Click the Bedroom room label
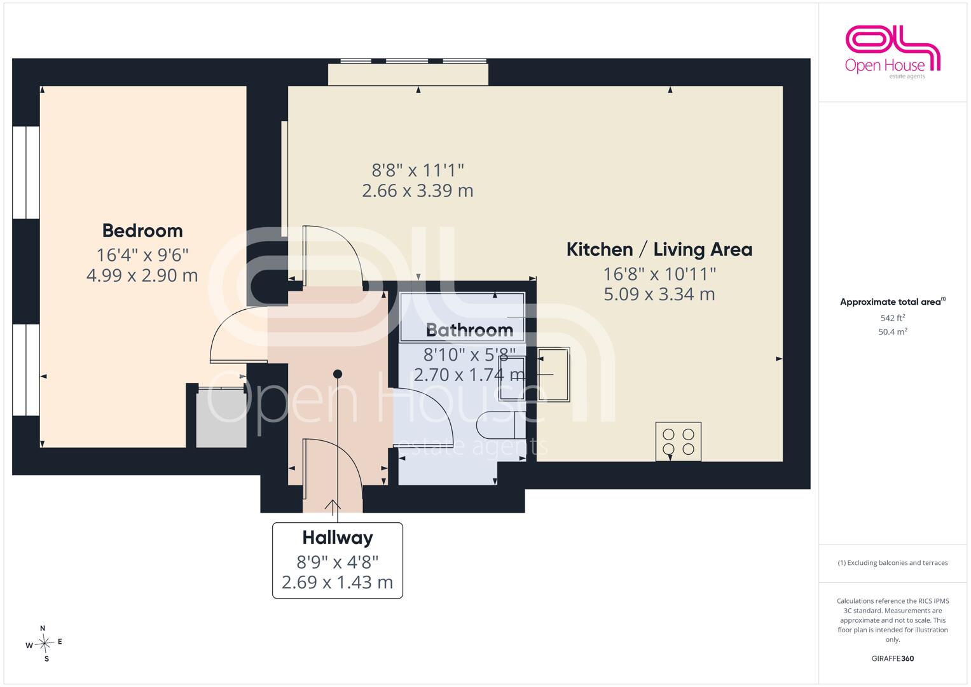click(142, 231)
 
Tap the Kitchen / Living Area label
click(659, 249)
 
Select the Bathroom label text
click(469, 331)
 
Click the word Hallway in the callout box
click(338, 538)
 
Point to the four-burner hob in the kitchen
click(678, 441)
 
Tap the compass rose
click(45, 643)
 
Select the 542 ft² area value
click(893, 318)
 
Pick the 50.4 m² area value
click(893, 332)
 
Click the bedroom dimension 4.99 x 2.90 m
click(142, 275)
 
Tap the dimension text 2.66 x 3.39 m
click(417, 191)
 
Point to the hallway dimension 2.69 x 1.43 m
click(337, 582)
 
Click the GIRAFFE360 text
click(893, 658)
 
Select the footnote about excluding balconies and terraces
click(893, 563)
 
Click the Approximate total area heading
click(893, 302)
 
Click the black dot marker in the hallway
click(338, 374)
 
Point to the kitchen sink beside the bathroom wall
click(553, 374)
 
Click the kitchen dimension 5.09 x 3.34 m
click(659, 295)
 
